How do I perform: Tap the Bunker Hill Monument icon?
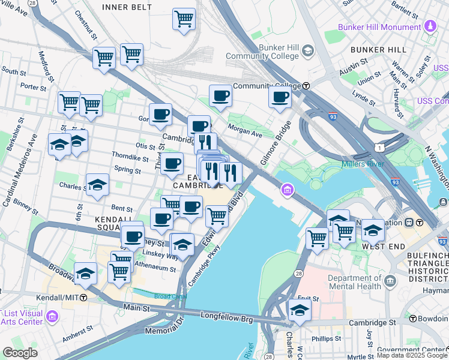(x=430, y=27)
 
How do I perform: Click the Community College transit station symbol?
(x=306, y=86)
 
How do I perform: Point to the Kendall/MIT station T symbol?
(x=83, y=298)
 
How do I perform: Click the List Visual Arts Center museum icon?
(x=52, y=316)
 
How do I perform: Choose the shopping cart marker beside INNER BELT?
(x=184, y=18)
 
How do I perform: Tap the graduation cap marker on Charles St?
(x=97, y=185)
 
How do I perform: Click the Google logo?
(x=20, y=353)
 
